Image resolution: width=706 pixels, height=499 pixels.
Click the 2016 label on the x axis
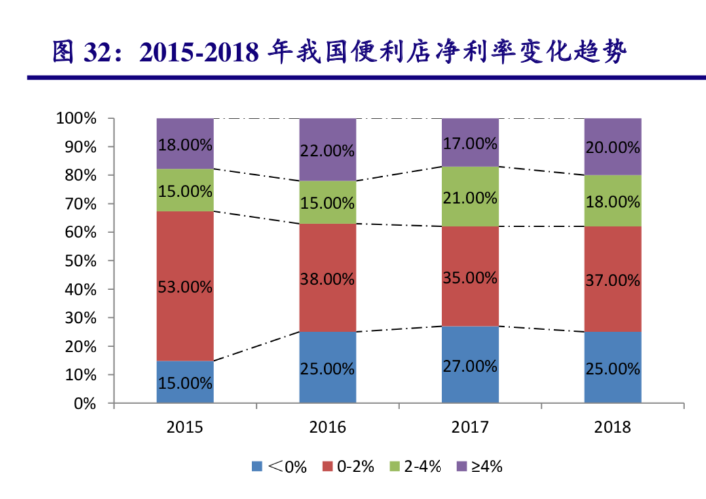click(327, 428)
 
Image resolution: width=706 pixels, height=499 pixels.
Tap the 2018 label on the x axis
click(612, 428)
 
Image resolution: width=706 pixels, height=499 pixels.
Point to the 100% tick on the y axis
click(77, 119)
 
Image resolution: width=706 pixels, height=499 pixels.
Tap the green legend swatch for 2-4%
click(395, 466)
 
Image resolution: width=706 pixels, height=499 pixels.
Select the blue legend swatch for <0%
click(257, 466)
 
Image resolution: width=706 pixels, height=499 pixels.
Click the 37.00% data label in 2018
click(612, 280)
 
